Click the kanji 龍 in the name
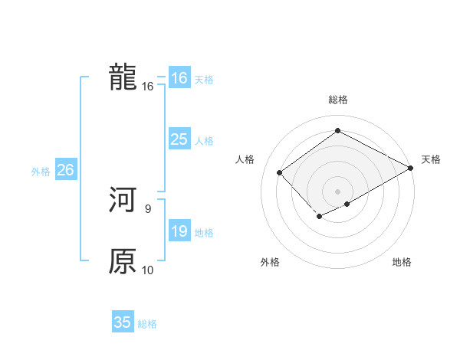click(x=123, y=77)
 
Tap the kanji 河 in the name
click(x=123, y=200)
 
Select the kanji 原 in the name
click(x=123, y=261)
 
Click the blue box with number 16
click(x=179, y=78)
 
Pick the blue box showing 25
click(x=179, y=139)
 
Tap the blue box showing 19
click(x=179, y=231)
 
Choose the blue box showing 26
click(x=65, y=170)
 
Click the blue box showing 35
click(x=123, y=322)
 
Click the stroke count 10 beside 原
click(x=148, y=270)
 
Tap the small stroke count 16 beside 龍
click(x=148, y=86)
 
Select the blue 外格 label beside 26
click(x=41, y=172)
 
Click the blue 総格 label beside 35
click(x=147, y=324)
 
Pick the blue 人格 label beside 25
click(x=204, y=141)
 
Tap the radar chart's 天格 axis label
click(x=431, y=159)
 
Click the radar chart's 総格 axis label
click(x=337, y=100)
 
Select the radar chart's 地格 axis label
click(x=402, y=263)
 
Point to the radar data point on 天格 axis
click(x=411, y=168)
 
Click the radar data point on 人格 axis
click(x=280, y=172)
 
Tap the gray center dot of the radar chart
click(x=337, y=191)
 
